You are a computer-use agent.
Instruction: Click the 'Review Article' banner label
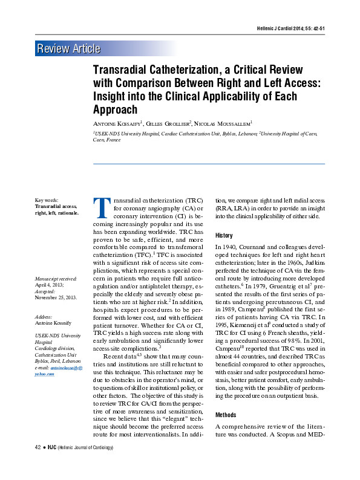pos(68,49)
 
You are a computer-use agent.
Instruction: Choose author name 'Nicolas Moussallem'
pos(226,124)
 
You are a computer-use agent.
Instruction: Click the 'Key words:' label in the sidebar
pos(47,199)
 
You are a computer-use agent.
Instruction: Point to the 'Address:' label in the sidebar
pos(44,316)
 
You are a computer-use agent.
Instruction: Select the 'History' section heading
pos(224,235)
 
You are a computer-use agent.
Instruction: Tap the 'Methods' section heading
pos(226,415)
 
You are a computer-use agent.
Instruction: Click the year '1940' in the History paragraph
pos(231,248)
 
